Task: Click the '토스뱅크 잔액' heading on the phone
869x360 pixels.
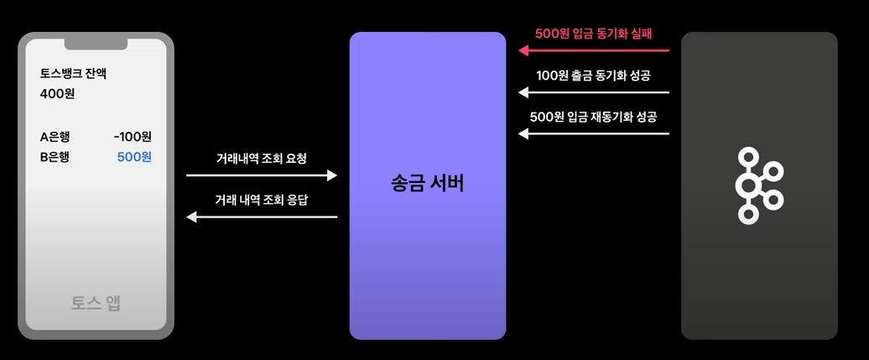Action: point(73,74)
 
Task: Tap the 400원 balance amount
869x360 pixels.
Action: point(57,94)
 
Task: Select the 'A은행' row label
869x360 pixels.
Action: point(55,137)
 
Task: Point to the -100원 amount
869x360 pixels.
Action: point(133,137)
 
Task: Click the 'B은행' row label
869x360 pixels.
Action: point(55,157)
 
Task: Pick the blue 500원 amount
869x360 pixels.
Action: point(134,157)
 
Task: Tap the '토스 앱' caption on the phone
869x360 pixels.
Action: point(96,303)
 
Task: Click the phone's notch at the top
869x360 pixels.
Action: point(96,43)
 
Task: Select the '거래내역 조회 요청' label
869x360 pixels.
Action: point(261,158)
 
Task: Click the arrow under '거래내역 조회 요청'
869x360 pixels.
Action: point(261,175)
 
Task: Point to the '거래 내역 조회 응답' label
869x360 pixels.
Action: point(261,200)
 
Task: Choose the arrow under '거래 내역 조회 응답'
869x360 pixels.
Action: point(261,217)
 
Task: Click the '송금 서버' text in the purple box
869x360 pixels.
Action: point(427,184)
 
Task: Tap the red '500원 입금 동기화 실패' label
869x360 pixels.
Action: point(594,34)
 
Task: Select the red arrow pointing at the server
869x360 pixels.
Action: point(594,50)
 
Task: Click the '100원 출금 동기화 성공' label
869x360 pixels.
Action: point(593,75)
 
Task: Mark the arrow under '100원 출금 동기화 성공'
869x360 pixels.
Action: point(594,92)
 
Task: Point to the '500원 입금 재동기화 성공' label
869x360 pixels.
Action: point(593,117)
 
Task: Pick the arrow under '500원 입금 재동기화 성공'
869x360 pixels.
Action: point(594,133)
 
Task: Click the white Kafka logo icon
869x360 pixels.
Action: point(757,185)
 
